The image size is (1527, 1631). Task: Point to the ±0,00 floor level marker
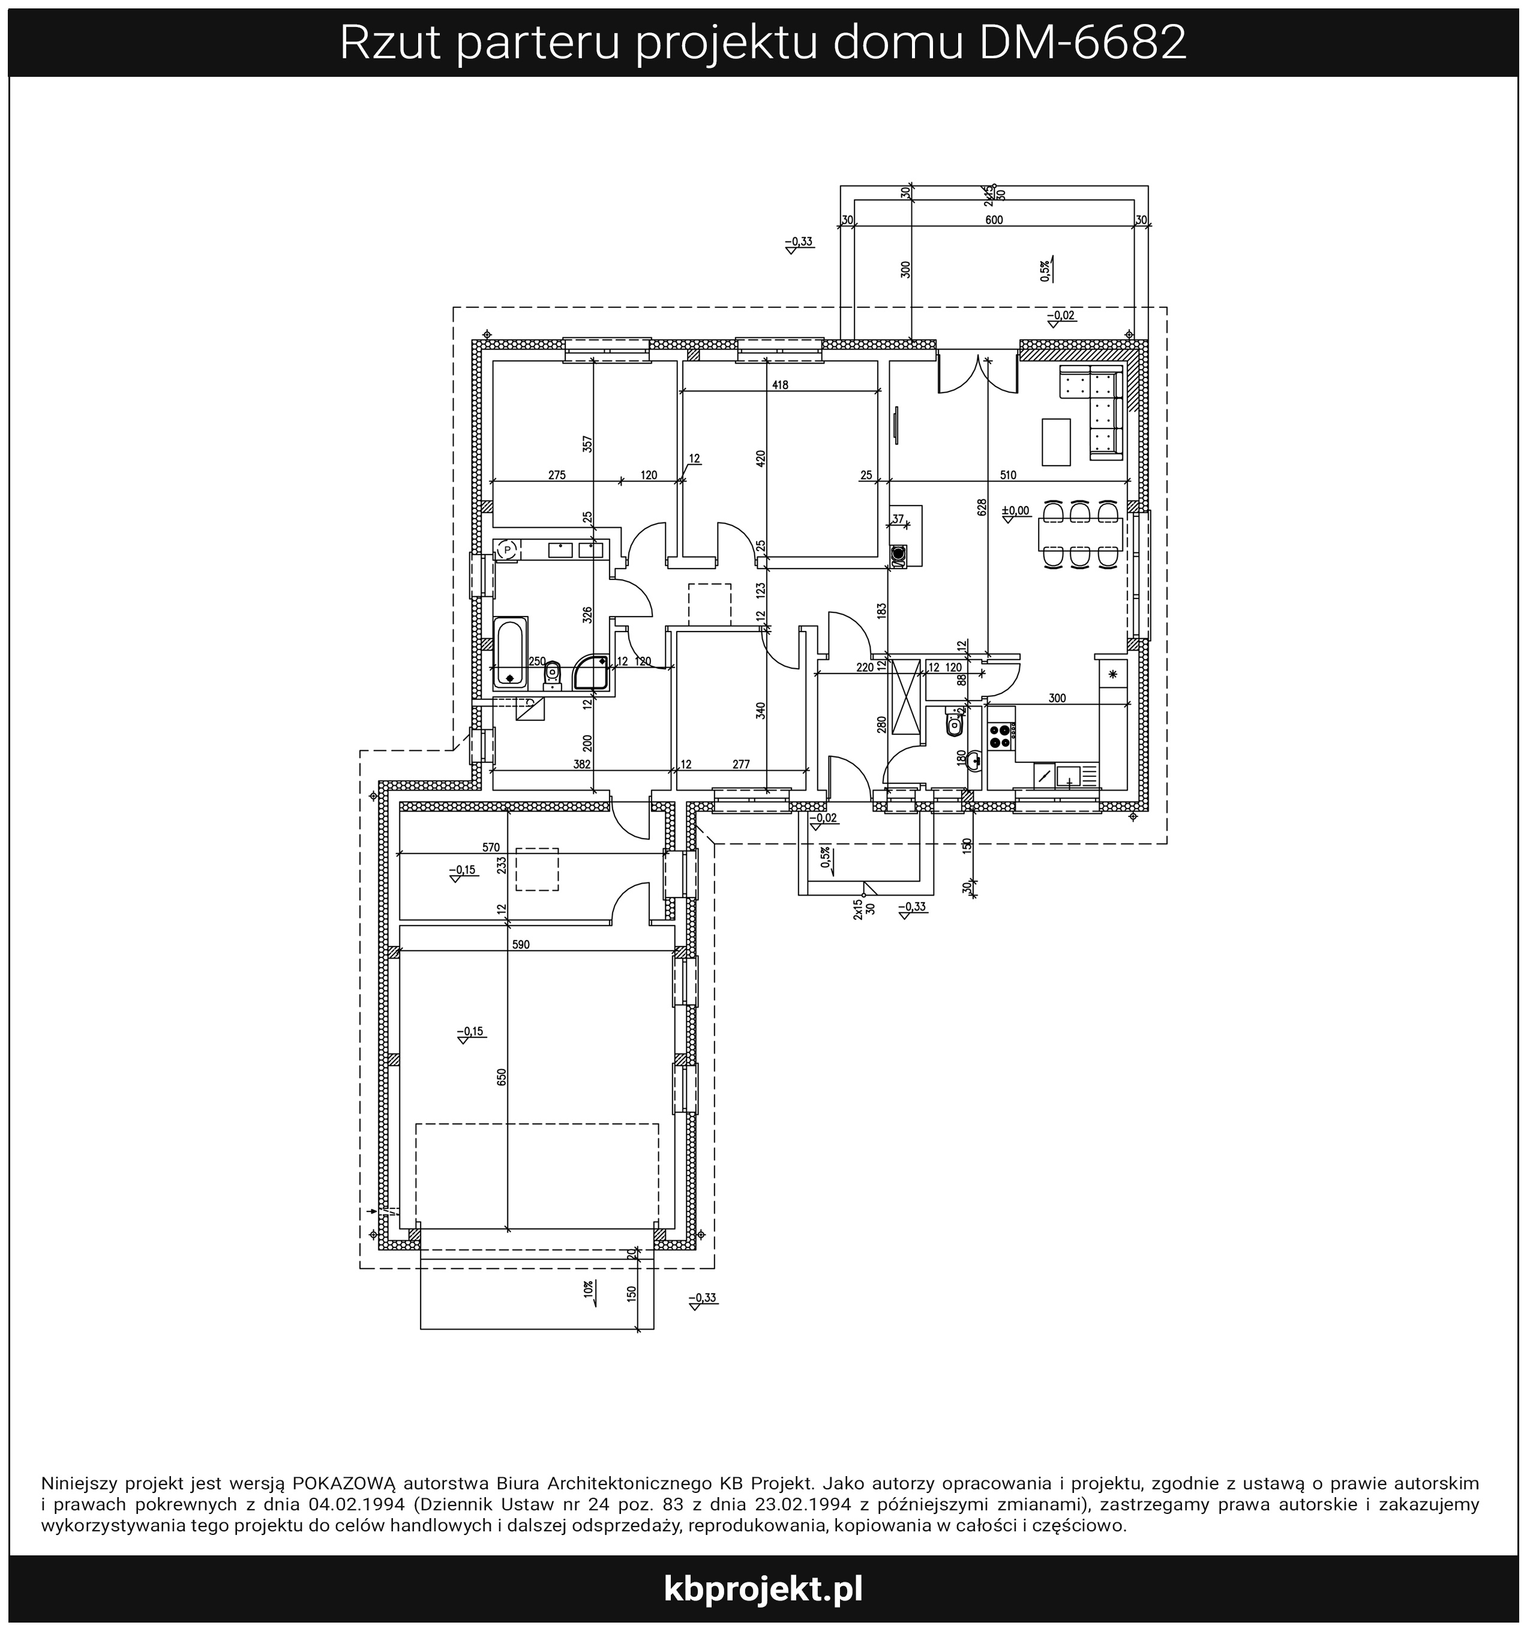click(1015, 510)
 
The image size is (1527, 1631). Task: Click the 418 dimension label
click(780, 385)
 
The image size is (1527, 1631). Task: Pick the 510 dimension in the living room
click(1008, 475)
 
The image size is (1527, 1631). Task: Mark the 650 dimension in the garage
click(501, 1076)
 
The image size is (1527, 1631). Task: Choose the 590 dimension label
click(521, 944)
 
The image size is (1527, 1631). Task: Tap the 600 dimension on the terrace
click(994, 220)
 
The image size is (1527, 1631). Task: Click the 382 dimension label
click(581, 764)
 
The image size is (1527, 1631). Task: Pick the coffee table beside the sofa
click(1056, 441)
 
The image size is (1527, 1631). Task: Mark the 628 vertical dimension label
click(982, 508)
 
